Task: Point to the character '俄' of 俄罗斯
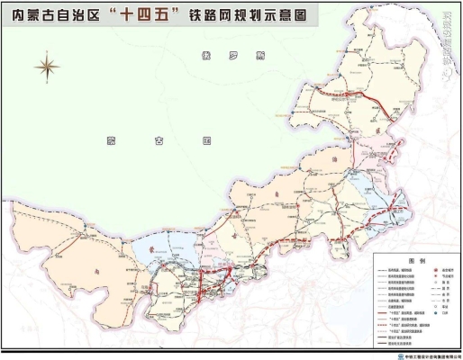[208, 56]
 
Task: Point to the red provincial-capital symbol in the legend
[436, 270]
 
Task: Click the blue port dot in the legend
[436, 312]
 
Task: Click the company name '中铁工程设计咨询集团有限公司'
[431, 356]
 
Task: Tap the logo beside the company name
[401, 356]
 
